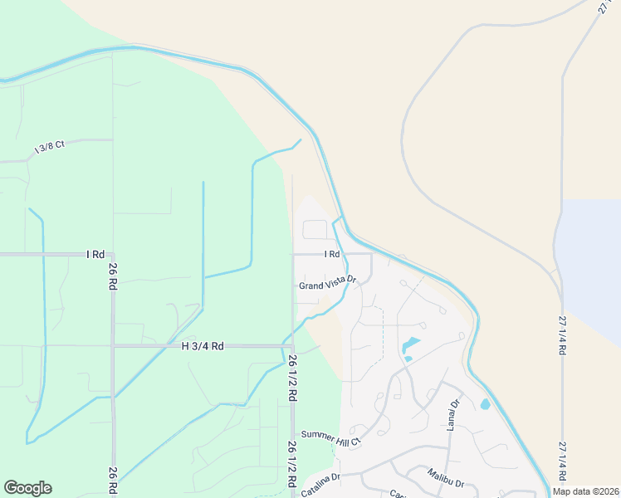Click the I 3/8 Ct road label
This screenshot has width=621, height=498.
(49, 148)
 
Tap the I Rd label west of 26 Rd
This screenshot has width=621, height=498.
(95, 254)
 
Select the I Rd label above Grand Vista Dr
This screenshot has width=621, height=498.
(332, 254)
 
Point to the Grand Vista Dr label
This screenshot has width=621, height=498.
(327, 284)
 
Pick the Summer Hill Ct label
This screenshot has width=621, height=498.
(330, 437)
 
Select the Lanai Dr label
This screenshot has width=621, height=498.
(453, 415)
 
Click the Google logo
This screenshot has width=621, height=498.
(27, 488)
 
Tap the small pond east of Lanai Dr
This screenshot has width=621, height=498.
(485, 404)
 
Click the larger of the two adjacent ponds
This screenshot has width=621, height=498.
(411, 344)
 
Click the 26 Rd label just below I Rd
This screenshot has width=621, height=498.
(113, 275)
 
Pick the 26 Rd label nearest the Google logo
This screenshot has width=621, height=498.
(113, 481)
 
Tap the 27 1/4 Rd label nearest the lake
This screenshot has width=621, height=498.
(563, 335)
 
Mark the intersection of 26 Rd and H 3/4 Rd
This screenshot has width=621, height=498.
(113, 346)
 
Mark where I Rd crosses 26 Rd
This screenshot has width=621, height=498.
(113, 254)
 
